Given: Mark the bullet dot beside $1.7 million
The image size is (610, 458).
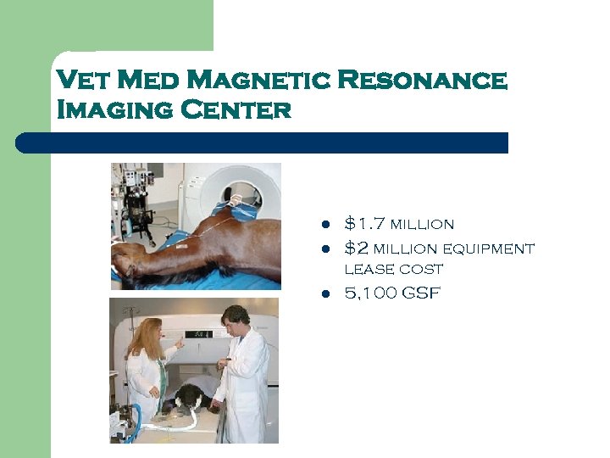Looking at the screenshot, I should click(x=324, y=226).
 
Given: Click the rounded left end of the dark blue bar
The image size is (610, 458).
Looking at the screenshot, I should click(x=25, y=142).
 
